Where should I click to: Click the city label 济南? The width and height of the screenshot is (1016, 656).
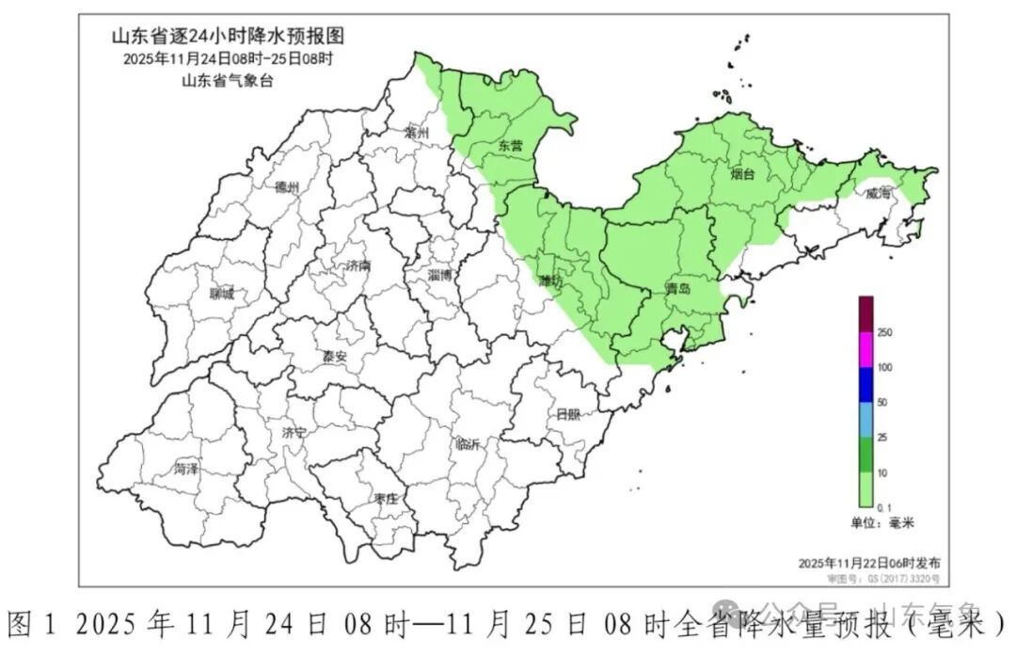pyautogui.click(x=357, y=266)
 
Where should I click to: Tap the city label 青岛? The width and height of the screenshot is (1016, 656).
pyautogui.click(x=677, y=289)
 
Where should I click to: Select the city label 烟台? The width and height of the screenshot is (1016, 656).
pyautogui.click(x=742, y=174)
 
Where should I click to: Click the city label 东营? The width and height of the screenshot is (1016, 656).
pyautogui.click(x=511, y=146)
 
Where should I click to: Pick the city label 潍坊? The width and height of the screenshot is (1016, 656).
pyautogui.click(x=550, y=281)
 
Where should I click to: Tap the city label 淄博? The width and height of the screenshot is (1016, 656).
pyautogui.click(x=439, y=276)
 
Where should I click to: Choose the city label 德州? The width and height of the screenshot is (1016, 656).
pyautogui.click(x=287, y=187)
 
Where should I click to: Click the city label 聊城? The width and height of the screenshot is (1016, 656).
pyautogui.click(x=222, y=294)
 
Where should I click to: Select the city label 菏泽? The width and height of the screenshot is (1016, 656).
pyautogui.click(x=186, y=469)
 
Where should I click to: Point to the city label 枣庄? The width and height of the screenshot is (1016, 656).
pyautogui.click(x=387, y=498)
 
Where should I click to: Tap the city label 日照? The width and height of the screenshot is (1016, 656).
pyautogui.click(x=568, y=414)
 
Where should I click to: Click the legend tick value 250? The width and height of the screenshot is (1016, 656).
pyautogui.click(x=884, y=332)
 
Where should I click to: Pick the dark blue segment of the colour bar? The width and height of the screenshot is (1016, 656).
pyautogui.click(x=865, y=385)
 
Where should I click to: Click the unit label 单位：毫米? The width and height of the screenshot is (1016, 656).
pyautogui.click(x=877, y=522)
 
